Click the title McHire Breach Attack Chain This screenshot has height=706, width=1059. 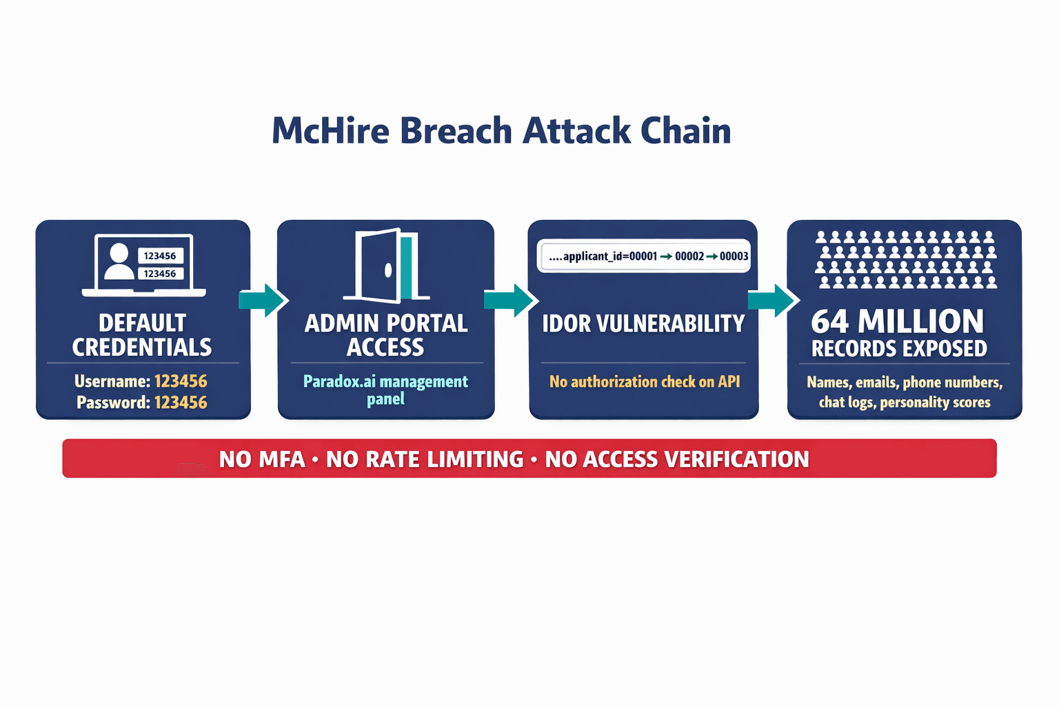(501, 131)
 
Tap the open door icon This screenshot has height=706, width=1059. (386, 265)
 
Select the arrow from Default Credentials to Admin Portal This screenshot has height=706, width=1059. (263, 300)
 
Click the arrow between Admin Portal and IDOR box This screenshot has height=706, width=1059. (510, 300)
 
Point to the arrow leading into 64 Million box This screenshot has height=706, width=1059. (773, 300)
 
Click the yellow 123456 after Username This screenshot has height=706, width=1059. (181, 381)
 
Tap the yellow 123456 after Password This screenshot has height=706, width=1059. (181, 403)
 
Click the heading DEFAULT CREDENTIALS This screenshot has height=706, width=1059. (142, 335)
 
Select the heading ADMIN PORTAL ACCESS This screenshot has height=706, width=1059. (386, 335)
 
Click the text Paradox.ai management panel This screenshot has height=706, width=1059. (385, 390)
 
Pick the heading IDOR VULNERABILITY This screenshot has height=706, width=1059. (643, 323)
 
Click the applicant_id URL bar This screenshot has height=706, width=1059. (643, 256)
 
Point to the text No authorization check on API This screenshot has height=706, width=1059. (644, 381)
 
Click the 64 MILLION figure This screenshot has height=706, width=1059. (898, 321)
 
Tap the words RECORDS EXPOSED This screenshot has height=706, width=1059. (899, 349)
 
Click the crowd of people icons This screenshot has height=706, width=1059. (906, 259)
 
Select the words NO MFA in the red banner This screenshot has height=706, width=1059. (262, 459)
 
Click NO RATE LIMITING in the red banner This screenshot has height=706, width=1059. (425, 459)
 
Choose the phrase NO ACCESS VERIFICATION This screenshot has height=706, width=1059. (677, 459)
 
